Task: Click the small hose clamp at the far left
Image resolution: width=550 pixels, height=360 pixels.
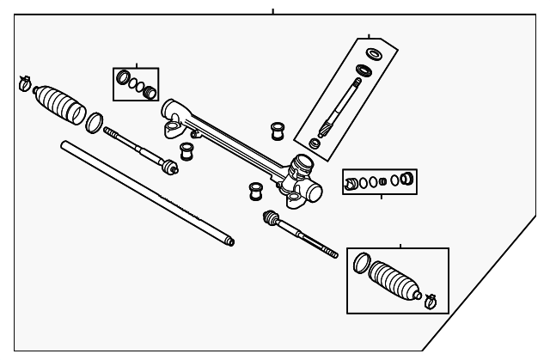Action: [25, 84]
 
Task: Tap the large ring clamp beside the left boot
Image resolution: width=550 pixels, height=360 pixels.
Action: [95, 123]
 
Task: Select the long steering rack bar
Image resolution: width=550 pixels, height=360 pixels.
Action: [146, 193]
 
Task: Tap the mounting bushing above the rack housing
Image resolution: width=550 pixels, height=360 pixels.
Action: [278, 130]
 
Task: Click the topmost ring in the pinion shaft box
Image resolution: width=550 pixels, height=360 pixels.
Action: [373, 56]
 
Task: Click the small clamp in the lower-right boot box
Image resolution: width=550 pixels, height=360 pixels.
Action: [431, 300]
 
